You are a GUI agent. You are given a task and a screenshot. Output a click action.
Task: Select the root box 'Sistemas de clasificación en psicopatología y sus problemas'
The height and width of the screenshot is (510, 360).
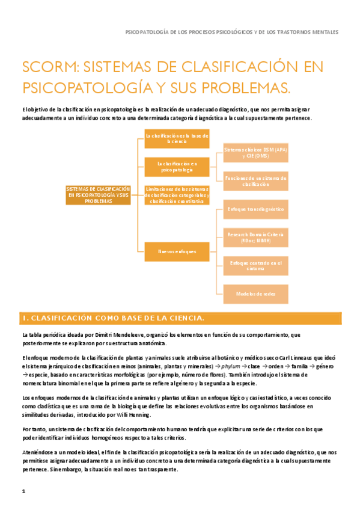tap(99, 195)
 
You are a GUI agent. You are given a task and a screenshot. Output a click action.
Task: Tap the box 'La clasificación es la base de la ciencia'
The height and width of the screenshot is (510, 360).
tap(177, 139)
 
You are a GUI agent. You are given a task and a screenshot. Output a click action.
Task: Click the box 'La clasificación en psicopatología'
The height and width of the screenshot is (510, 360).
tap(177, 167)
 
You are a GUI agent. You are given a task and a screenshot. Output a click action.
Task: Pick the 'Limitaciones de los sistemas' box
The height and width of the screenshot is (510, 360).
tap(177, 195)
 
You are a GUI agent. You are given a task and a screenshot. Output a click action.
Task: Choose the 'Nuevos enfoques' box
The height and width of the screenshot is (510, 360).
tap(177, 251)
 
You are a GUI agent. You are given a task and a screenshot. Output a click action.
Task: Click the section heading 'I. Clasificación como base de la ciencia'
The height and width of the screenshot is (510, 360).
tap(114, 318)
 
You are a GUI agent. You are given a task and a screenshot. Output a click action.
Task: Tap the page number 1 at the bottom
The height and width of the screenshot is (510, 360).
tap(23, 491)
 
